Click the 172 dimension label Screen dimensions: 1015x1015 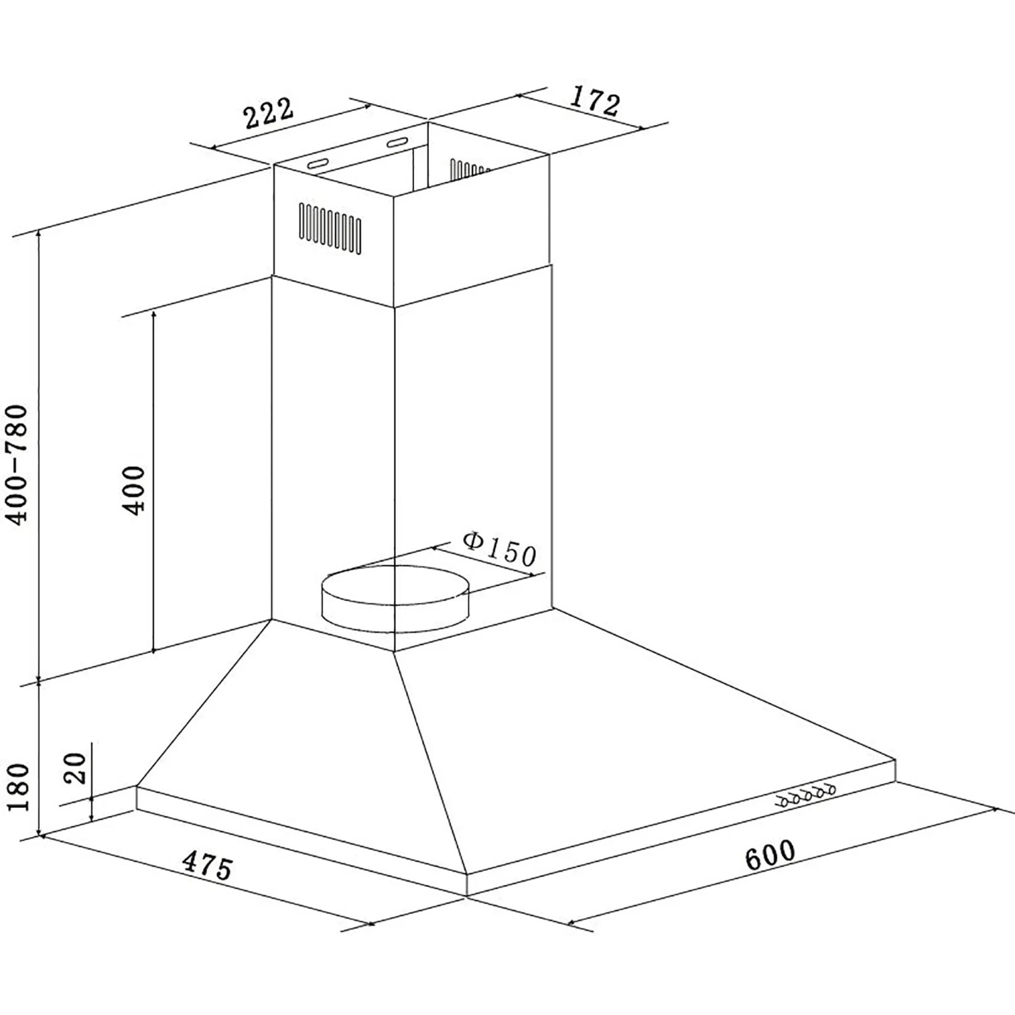coord(593,101)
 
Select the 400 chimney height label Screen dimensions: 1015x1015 coord(135,491)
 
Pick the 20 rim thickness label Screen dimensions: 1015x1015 coord(78,768)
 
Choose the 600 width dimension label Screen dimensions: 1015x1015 coord(770,855)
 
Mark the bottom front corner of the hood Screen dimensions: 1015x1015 coord(467,895)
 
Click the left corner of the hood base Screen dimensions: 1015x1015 coord(137,786)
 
